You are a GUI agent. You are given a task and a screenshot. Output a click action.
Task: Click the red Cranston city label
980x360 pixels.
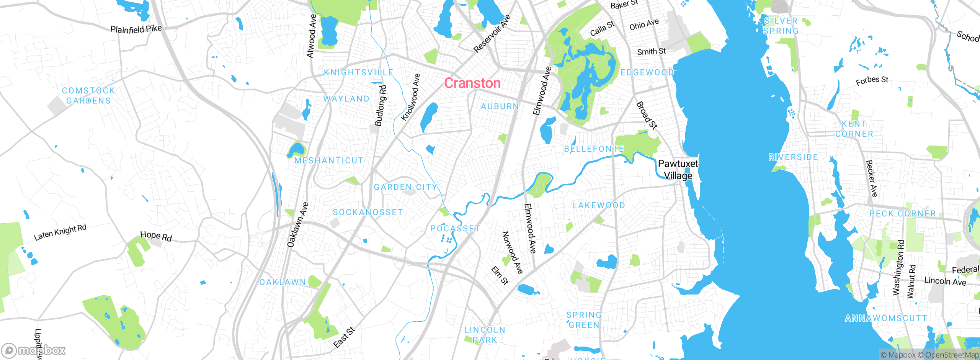pos(472,83)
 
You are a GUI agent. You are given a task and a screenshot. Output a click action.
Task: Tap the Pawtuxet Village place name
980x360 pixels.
pos(678,170)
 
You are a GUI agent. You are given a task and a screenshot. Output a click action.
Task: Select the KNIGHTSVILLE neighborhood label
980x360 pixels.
pos(358,72)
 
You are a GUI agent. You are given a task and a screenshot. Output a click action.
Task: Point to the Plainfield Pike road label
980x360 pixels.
pos(136,29)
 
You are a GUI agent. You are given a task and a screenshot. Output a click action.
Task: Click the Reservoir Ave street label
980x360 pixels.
pos(492,34)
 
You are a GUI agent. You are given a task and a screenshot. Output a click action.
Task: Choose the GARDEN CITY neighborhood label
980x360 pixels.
pos(405,187)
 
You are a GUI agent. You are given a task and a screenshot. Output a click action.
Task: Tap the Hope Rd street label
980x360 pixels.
pos(156,236)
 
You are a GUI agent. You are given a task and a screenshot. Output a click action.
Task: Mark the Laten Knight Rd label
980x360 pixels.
pos(60,232)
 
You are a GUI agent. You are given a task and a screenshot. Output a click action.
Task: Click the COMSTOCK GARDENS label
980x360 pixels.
pos(88,96)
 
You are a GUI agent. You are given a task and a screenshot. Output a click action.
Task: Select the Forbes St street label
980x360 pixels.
pos(872,81)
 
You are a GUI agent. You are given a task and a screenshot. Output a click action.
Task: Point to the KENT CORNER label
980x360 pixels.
pos(854,129)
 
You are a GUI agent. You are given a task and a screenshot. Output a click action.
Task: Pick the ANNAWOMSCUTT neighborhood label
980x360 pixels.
pos(886,318)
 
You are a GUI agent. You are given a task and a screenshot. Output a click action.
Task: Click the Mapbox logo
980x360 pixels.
pos(34,350)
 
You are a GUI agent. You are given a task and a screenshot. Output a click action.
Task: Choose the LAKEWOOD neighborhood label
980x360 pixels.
pos(599,206)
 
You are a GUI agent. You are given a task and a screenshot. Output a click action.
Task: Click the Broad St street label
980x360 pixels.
pos(647,115)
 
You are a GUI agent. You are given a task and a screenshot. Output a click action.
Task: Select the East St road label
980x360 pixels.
pos(344,337)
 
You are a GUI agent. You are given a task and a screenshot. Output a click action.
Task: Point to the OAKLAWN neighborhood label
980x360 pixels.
pos(283,282)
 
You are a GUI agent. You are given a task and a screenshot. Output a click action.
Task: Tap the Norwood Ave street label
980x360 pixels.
pos(513,252)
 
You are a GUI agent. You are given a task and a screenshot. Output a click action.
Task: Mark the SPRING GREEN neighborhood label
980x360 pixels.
pos(584,320)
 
